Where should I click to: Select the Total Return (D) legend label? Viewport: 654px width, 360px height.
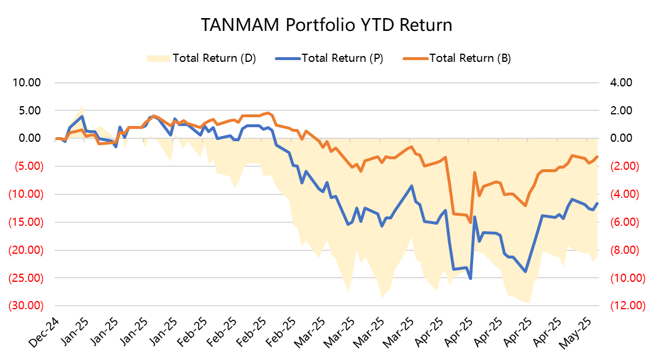point(214,58)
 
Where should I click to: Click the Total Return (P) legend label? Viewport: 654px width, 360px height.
point(342,58)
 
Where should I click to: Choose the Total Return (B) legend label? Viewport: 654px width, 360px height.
point(470,58)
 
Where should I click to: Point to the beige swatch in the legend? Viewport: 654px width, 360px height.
point(158,58)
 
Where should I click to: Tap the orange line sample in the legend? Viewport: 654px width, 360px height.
point(415,58)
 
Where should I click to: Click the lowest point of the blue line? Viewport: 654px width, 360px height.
point(470,278)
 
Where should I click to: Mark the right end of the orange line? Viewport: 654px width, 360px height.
point(597,156)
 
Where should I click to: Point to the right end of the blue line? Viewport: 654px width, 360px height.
point(597,203)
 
